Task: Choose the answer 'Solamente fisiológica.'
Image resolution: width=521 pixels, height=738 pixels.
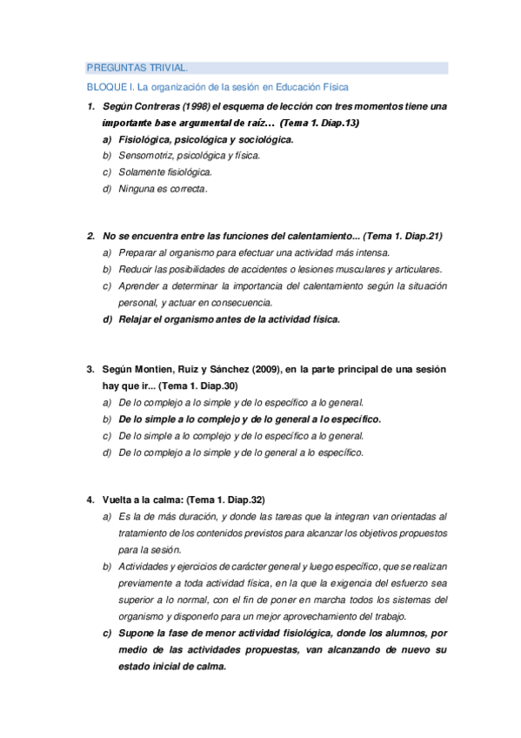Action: [x=165, y=172]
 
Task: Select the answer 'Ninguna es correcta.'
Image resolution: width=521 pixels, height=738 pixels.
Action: [x=163, y=189]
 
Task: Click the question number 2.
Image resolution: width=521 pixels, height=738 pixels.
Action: [x=90, y=236]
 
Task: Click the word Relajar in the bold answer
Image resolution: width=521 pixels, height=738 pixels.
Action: [x=137, y=319]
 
